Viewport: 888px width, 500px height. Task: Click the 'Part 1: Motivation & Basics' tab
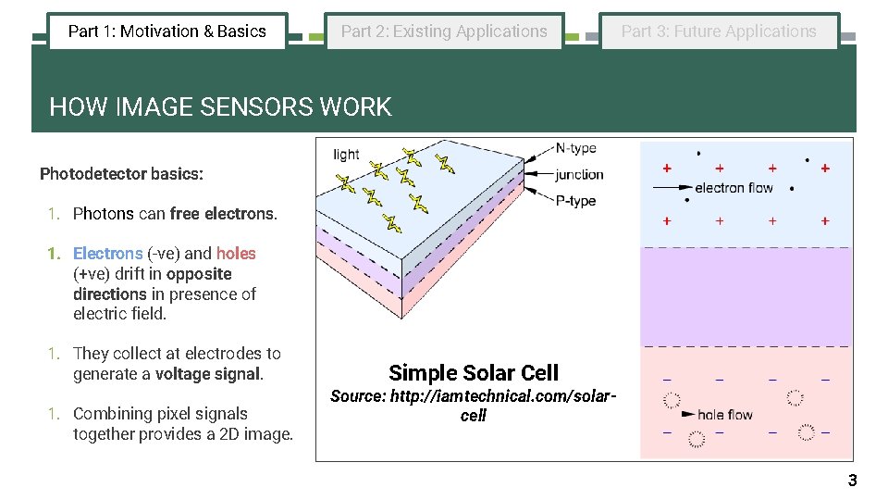point(167,31)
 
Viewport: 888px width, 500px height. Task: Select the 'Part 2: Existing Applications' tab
point(444,31)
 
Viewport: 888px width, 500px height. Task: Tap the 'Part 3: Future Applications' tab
point(719,31)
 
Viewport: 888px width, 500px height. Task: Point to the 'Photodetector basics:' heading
point(121,173)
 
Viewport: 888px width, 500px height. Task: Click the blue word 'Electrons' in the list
point(107,253)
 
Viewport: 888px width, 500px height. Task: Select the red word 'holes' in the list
point(236,253)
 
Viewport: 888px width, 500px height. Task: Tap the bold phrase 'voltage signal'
point(208,374)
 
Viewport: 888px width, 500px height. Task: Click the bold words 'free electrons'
point(223,213)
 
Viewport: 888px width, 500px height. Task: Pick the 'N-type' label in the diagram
point(575,148)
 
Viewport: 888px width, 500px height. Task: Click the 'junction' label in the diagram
point(579,174)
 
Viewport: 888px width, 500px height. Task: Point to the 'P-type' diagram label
point(575,201)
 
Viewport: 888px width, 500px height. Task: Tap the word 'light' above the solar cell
point(346,154)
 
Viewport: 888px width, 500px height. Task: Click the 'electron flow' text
point(734,188)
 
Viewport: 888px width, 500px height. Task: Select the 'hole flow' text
point(725,415)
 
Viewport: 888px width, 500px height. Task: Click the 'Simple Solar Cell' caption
point(474,373)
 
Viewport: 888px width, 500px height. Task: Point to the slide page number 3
point(852,480)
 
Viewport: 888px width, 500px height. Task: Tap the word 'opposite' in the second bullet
point(199,274)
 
